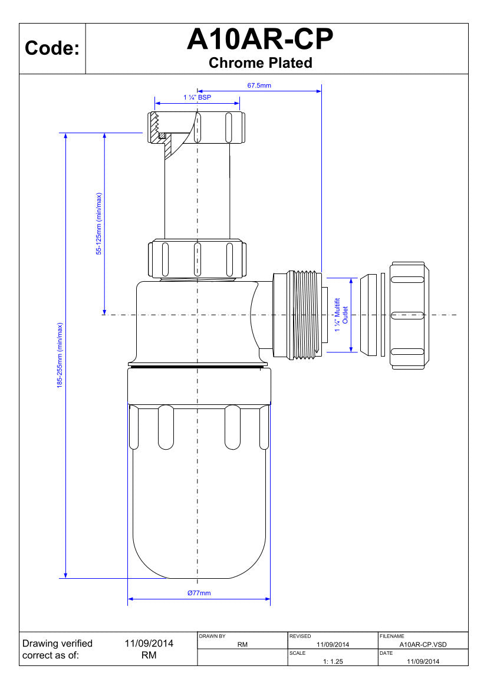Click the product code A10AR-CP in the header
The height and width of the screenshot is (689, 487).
pos(260,39)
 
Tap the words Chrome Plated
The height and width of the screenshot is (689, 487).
pos(260,63)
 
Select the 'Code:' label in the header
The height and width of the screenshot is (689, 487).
pos(52,48)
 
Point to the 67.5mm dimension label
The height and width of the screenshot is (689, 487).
pos(259,85)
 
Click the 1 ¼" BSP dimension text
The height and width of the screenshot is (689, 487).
pos(197,97)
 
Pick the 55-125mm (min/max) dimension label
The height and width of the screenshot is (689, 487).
pos(99,223)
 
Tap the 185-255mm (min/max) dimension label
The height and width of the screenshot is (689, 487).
pos(60,355)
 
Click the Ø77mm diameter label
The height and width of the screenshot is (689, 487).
pos(199,593)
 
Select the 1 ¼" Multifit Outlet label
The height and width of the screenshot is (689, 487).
pos(341,315)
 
